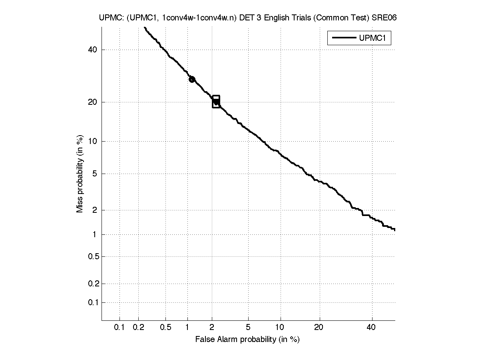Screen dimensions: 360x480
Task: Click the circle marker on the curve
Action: [x=192, y=79]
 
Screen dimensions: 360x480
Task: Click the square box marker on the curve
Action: [x=216, y=102]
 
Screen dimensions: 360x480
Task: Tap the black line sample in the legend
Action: [x=343, y=38]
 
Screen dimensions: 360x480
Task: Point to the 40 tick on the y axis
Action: [x=92, y=50]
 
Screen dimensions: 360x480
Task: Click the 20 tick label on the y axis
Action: [x=92, y=102]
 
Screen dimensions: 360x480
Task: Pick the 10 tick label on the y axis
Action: [x=92, y=141]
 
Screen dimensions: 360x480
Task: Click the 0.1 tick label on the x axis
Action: [x=120, y=328]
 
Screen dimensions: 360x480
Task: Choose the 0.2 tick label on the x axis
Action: [x=138, y=328]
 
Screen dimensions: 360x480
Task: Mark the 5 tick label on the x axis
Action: [x=248, y=328]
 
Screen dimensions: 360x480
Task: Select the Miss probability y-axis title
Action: [x=80, y=174]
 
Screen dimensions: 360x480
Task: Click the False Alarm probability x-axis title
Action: [x=247, y=340]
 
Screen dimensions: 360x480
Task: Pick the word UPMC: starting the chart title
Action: [x=109, y=18]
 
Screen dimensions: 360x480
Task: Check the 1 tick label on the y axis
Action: [x=95, y=234]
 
